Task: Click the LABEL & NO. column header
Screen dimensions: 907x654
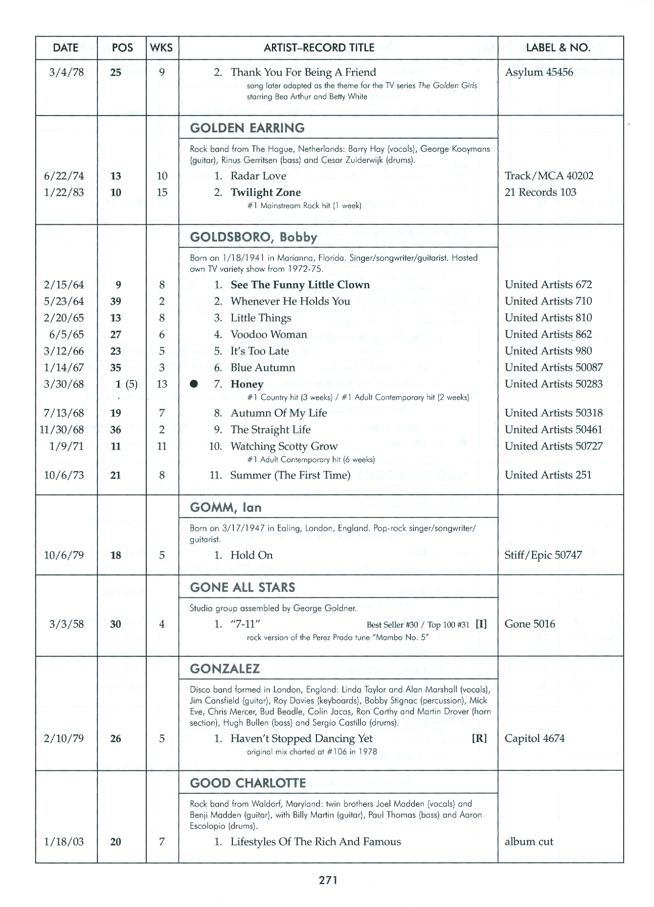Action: [558, 48]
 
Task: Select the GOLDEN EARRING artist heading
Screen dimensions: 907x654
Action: [247, 128]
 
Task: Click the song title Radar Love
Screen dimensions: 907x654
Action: [258, 176]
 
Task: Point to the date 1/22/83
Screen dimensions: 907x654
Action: [64, 192]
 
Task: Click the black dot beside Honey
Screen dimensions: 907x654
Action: [194, 384]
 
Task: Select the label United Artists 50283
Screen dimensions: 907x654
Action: [554, 384]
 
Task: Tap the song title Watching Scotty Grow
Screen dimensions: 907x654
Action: [284, 446]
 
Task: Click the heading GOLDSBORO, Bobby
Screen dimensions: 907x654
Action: [253, 237]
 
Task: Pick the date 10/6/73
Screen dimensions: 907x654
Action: [64, 475]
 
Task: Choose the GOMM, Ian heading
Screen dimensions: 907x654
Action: [226, 507]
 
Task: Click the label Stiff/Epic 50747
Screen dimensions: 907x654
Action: [543, 555]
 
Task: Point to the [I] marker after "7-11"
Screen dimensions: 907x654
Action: [481, 624]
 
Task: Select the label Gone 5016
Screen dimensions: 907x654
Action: [530, 624]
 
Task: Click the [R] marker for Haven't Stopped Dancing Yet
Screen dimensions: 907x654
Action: [479, 739]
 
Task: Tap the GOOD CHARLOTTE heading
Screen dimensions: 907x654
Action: [248, 783]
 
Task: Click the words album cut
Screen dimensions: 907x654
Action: [529, 841]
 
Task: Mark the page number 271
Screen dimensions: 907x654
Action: [328, 880]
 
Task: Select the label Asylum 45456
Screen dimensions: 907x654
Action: [539, 72]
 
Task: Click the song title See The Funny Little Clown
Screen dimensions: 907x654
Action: [300, 285]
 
